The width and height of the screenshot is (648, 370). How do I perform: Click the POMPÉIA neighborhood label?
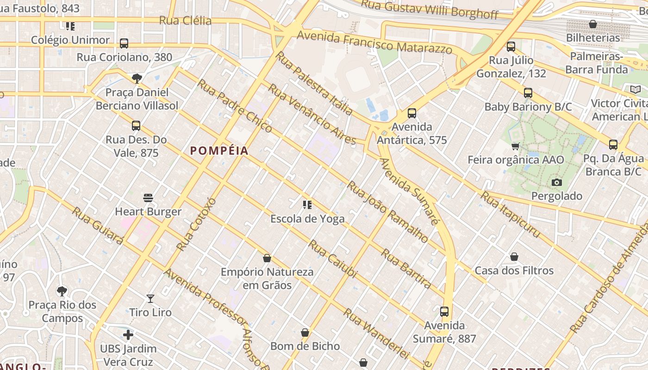[219, 151]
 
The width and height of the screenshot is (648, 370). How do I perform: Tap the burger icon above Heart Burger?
[148, 198]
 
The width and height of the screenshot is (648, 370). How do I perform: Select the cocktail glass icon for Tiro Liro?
[150, 299]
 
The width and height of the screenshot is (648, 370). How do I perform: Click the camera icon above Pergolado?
[557, 182]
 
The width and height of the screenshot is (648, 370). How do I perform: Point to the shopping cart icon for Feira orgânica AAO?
[515, 147]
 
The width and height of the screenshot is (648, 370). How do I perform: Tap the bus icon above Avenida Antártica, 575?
[412, 113]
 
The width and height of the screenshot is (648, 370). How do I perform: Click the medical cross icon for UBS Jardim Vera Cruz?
[128, 334]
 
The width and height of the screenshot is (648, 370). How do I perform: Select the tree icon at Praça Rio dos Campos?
[62, 291]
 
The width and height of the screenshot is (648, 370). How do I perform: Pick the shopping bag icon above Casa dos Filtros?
[514, 257]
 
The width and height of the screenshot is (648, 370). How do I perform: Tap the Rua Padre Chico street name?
[235, 105]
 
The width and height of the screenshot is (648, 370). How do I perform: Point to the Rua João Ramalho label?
[388, 212]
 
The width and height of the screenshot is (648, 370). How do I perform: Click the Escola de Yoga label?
[308, 219]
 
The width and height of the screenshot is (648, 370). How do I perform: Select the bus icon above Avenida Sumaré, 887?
[444, 312]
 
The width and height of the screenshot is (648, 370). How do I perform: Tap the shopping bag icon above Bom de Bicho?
[305, 333]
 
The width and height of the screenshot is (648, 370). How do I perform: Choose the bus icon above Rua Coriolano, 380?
[124, 43]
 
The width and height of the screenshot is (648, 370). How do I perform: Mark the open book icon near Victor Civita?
[636, 89]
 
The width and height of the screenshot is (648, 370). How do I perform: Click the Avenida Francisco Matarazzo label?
[374, 42]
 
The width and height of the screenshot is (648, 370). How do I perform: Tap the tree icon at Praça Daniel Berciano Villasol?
[137, 78]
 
